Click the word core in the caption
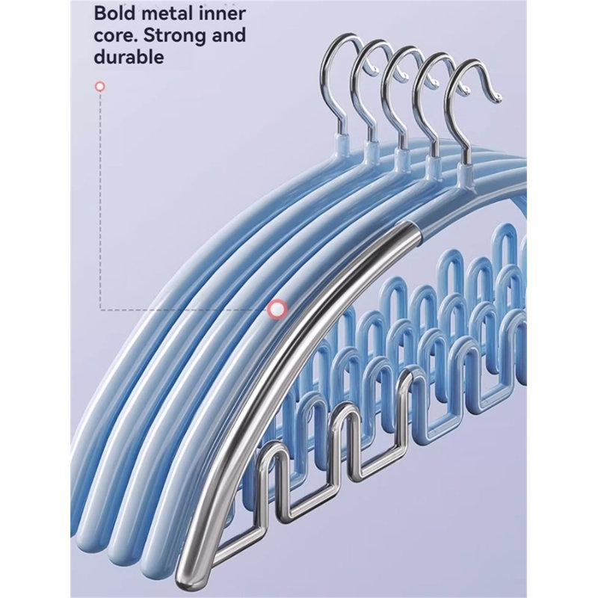pos(115,35)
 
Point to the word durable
pos(129,58)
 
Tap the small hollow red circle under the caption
pos(100,87)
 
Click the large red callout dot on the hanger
pos(277,309)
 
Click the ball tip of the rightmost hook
pos(497,98)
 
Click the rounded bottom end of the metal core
pos(183,579)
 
